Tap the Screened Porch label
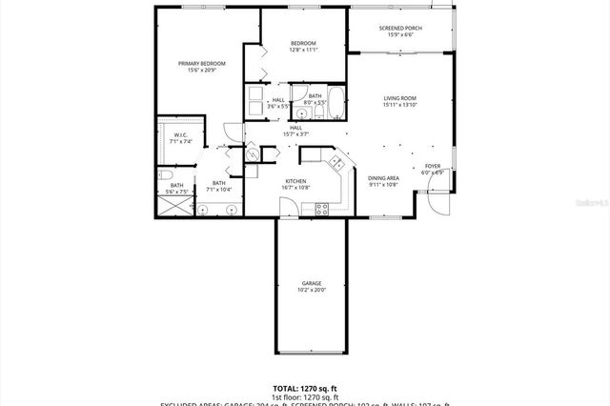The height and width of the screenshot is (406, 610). point(400,29)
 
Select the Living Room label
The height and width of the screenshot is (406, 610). point(400,98)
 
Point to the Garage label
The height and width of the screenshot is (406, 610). point(310,283)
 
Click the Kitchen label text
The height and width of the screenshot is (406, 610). point(295,181)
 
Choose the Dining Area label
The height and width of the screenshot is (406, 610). point(383,178)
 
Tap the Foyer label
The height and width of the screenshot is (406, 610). point(433,166)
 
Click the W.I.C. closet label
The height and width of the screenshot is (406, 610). point(180,134)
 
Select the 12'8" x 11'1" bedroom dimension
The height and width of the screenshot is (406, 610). point(303,50)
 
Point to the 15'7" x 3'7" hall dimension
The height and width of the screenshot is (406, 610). point(295,134)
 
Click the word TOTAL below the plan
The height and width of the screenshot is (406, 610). point(287,389)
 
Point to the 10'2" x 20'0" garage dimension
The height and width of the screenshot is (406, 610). point(310,290)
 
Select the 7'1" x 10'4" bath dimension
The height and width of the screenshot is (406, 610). point(219,189)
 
